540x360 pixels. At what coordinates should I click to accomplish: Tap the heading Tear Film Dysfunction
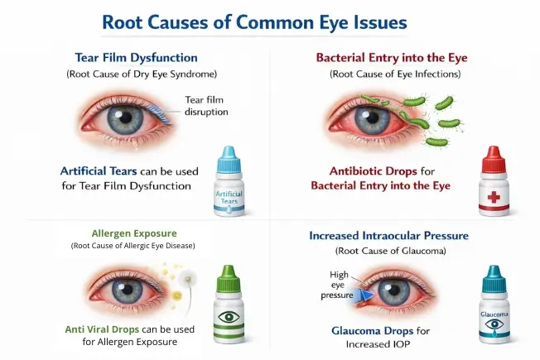tap(137, 58)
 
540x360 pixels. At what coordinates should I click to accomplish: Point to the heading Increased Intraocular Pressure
tap(388, 236)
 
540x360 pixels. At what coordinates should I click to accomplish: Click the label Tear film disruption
tap(205, 107)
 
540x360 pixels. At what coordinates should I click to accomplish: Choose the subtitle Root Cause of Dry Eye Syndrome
tap(137, 74)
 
